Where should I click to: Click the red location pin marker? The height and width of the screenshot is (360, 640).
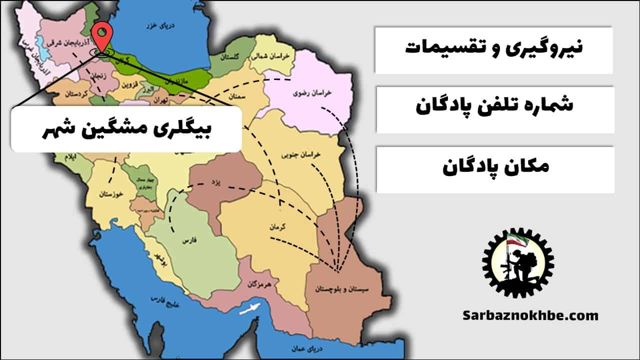[102, 34]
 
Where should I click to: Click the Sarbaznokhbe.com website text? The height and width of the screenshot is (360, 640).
[530, 315]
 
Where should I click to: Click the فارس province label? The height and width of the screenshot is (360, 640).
[187, 241]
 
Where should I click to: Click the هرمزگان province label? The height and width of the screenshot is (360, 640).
[258, 284]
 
